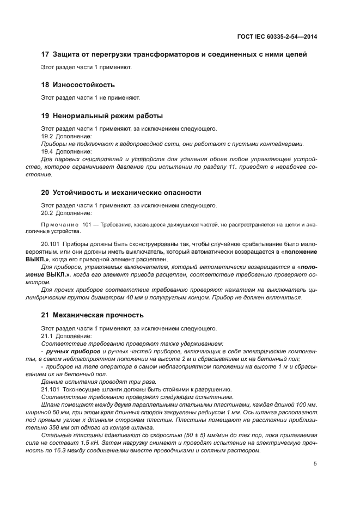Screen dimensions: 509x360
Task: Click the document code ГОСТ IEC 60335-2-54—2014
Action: (278, 36)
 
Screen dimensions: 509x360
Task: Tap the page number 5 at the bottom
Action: (315, 464)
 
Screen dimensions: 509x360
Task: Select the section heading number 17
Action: (45, 54)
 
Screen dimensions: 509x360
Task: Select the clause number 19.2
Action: (47, 136)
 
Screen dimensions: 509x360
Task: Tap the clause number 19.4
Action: (47, 151)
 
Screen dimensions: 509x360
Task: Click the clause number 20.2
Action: (47, 213)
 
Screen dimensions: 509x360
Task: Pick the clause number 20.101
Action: (51, 244)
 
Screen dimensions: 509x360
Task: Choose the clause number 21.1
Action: (47, 336)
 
